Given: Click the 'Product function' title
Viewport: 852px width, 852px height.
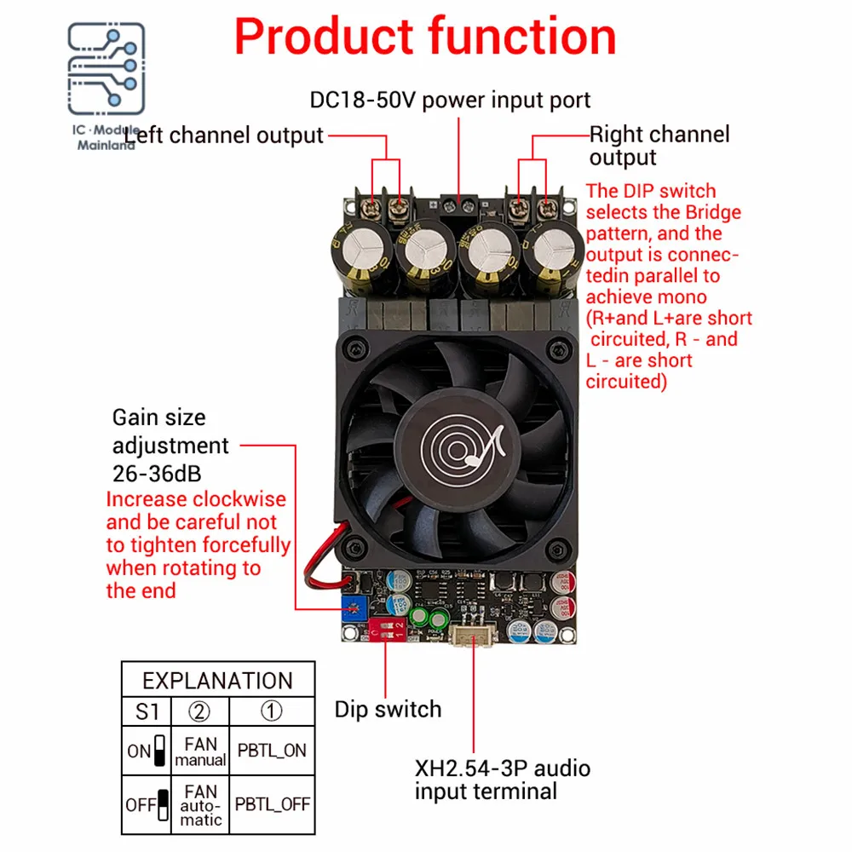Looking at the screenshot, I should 425,37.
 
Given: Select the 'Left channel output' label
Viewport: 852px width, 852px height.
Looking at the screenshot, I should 225,135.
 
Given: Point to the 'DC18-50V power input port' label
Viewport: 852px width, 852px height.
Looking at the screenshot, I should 450,100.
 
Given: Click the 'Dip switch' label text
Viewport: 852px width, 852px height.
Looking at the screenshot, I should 388,709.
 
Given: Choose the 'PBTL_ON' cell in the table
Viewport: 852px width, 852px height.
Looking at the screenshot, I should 271,751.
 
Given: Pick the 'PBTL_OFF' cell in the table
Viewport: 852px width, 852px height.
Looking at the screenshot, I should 273,803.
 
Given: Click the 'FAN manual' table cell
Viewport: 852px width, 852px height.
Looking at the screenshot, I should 200,751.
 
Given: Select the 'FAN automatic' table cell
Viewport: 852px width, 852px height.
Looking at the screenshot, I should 200,803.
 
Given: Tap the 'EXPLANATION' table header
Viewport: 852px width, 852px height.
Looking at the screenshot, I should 217,681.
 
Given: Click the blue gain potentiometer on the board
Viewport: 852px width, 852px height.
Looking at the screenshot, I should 350,606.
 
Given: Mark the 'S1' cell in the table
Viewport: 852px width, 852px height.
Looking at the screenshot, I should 147,711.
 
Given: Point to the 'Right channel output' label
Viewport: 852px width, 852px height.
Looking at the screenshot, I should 659,145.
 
